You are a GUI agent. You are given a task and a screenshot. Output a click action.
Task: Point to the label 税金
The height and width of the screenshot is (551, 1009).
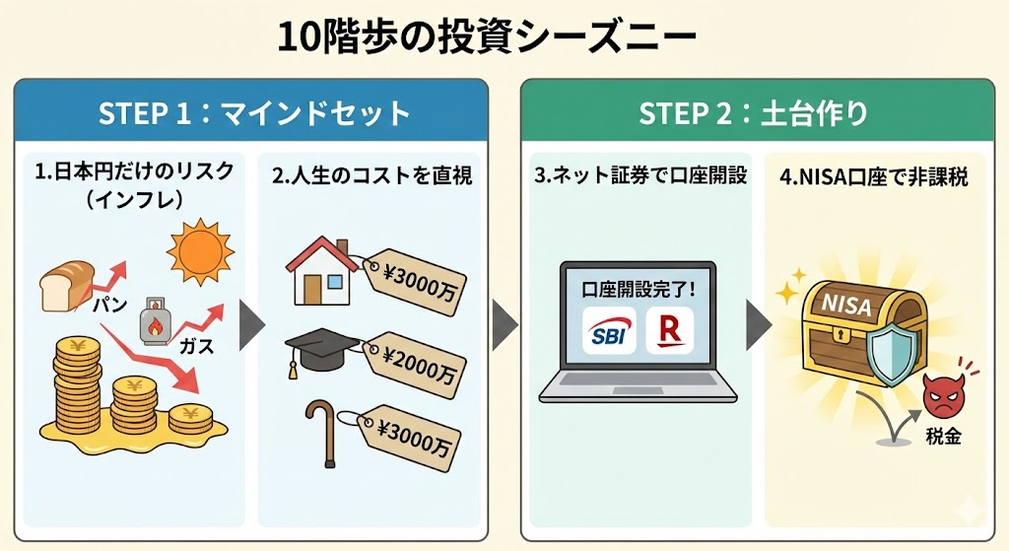pos(943,436)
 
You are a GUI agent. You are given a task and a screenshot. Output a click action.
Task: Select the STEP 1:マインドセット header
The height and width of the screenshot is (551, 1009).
pos(253,113)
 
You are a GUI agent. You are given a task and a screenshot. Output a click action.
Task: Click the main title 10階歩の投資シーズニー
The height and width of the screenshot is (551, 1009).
pos(487,38)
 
